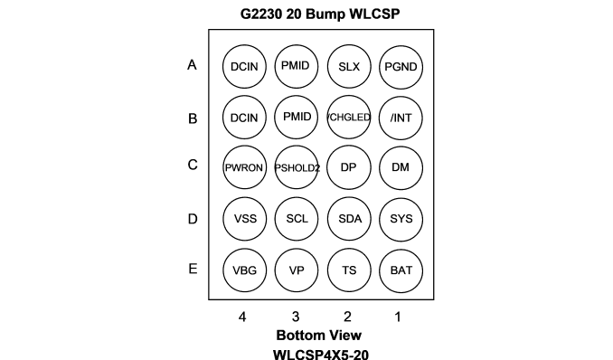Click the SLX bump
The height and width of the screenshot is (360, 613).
349,67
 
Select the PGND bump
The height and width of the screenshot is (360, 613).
401,67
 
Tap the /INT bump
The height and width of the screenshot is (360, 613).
401,118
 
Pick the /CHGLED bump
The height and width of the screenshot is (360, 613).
349,117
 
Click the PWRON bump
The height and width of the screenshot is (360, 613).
244,167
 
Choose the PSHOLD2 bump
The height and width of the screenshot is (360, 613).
297,167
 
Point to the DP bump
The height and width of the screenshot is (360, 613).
349,167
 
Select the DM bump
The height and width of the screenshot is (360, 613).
401,167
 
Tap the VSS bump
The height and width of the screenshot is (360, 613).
245,218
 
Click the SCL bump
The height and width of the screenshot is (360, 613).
297,218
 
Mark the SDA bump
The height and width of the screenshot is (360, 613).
349,218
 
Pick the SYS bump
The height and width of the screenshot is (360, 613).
401,219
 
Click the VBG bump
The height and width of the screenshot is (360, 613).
244,270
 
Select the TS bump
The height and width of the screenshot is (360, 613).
349,270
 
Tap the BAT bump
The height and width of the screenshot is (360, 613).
401,270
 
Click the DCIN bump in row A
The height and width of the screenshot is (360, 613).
244,67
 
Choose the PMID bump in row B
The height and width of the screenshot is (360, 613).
297,117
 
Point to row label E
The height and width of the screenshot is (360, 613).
193,269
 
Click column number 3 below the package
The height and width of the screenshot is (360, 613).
296,317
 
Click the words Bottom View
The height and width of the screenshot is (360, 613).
318,336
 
